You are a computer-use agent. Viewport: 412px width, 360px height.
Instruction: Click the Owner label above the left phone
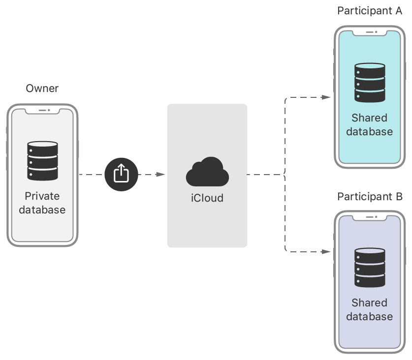coord(42,89)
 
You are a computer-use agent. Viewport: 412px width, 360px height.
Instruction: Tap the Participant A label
coord(370,11)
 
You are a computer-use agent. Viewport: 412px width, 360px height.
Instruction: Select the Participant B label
coord(370,197)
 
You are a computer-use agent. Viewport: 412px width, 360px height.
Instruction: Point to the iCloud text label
coord(207,198)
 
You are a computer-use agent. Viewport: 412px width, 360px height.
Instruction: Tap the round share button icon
coord(121,174)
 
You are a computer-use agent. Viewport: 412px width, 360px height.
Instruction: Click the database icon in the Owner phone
coord(42,161)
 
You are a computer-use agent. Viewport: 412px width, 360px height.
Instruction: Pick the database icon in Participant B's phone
coord(370,268)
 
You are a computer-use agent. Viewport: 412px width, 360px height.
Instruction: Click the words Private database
coord(42,203)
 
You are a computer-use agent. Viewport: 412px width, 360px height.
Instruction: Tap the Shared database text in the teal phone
coord(370,125)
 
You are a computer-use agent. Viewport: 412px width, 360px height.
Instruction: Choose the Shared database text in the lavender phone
coord(370,310)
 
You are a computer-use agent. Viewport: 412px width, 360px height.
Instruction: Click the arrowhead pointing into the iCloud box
coord(160,174)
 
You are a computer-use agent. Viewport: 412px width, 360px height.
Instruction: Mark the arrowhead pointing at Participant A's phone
coord(326,97)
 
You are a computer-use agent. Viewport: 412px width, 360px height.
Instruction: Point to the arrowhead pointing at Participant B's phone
coord(326,251)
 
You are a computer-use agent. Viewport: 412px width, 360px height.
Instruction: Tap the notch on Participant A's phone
coord(370,33)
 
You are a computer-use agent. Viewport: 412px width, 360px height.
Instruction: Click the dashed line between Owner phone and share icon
coord(91,174)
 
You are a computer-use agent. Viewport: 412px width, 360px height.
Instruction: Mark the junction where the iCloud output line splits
coord(285,174)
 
